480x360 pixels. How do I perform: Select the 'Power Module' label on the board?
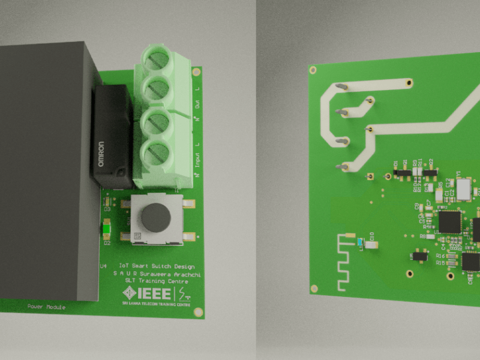click(x=46, y=307)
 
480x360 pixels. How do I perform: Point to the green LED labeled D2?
click(x=107, y=229)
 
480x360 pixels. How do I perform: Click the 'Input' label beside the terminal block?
click(x=197, y=161)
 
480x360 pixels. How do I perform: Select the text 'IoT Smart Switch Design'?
click(x=157, y=265)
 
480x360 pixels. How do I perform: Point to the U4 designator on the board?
click(x=103, y=265)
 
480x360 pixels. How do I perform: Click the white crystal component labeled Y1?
click(x=464, y=189)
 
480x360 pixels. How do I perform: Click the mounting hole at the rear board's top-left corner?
click(x=313, y=70)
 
